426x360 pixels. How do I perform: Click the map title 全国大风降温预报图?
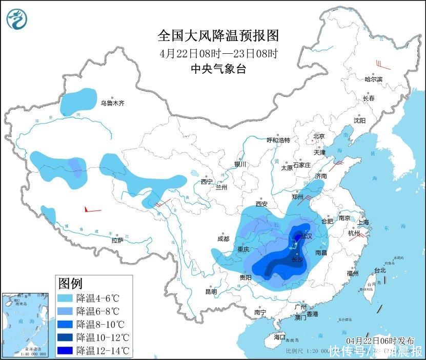pos(218,35)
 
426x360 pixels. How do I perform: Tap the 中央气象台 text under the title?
pos(218,69)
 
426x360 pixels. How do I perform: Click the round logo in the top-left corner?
pos(17,19)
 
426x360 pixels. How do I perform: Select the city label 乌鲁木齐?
pos(112,103)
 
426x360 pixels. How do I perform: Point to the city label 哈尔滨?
pos(373,79)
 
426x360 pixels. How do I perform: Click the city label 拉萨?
pos(117,240)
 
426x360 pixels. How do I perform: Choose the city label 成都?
pos(223,238)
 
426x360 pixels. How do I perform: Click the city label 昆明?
pos(211,291)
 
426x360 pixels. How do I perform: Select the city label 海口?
pos(279,337)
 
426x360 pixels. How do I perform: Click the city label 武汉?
pos(306,236)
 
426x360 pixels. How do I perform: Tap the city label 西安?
pos(261,204)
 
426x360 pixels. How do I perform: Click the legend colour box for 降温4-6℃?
pos(66,298)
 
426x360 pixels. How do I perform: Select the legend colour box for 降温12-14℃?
pos(66,351)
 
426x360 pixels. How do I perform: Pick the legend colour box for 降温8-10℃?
pos(66,324)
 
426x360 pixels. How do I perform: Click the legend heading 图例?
pos(70,283)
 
